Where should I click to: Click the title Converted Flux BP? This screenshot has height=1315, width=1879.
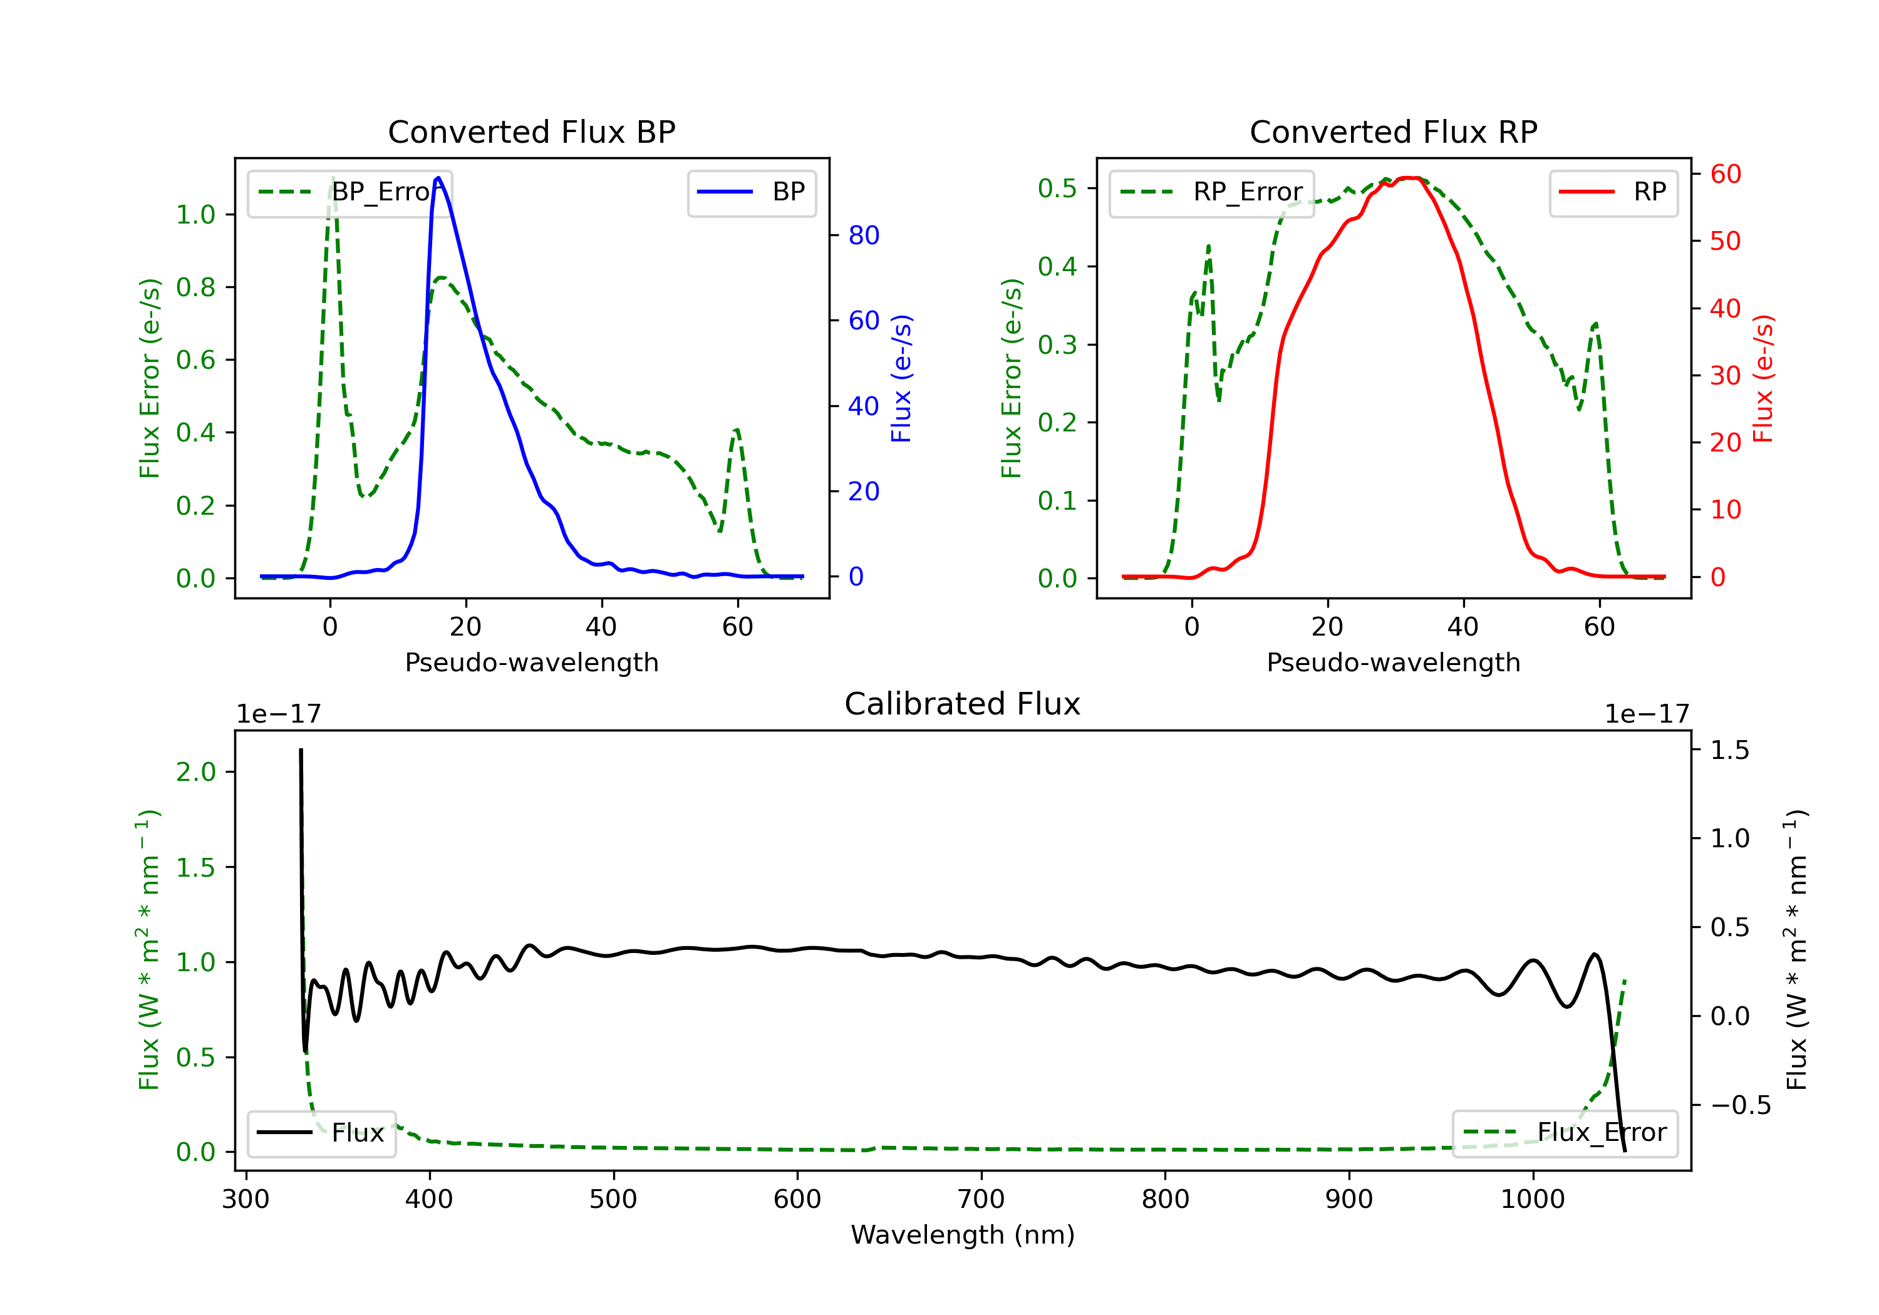point(531,131)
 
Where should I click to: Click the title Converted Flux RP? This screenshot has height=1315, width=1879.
point(1393,131)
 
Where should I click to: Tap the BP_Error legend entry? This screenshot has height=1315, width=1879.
point(349,192)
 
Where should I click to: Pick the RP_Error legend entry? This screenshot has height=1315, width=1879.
point(1211,192)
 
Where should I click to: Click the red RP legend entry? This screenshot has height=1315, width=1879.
point(1613,192)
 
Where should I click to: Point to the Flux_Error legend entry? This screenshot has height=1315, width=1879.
point(1565,1133)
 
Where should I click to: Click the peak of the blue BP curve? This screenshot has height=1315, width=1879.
point(438,178)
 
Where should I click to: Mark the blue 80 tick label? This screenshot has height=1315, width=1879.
point(863,235)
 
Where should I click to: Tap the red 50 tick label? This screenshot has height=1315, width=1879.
point(1725,242)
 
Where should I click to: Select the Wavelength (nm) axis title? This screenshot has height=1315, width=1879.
point(963,1235)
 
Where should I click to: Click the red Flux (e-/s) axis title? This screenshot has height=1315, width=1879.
point(1763,378)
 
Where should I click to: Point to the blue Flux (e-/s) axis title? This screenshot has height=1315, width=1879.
point(901,378)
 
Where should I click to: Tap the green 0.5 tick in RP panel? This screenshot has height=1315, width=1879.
point(1057,188)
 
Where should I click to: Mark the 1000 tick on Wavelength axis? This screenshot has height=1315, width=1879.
point(1532,1200)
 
